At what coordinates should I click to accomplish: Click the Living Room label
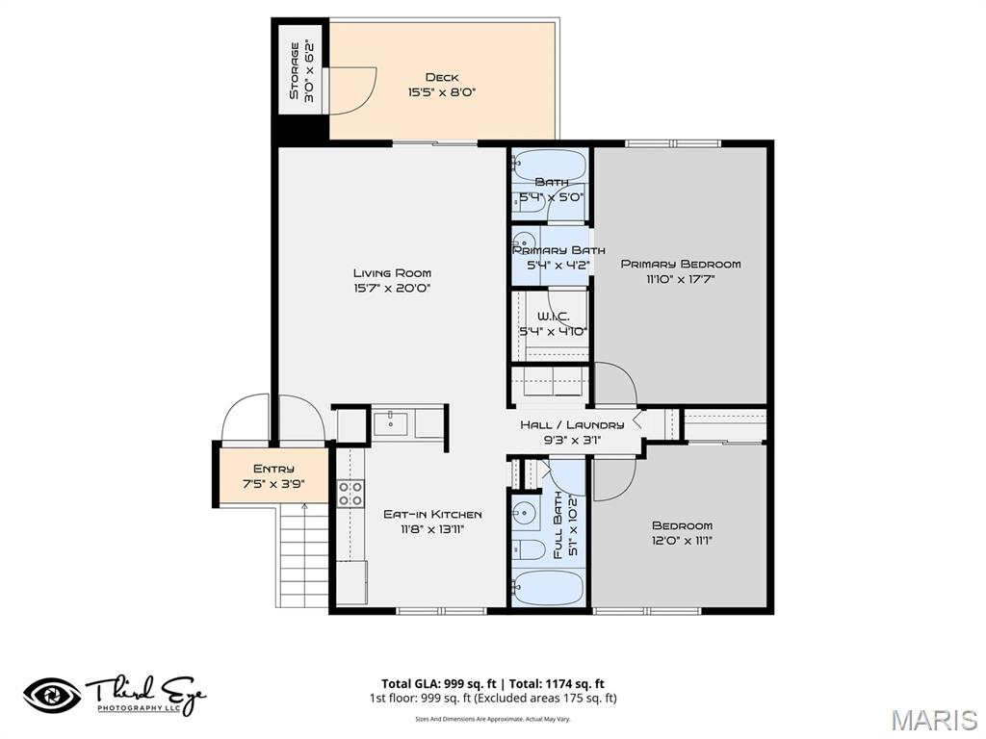click(x=392, y=272)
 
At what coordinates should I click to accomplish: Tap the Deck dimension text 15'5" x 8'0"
click(x=442, y=93)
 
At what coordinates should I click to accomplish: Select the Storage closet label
click(x=295, y=72)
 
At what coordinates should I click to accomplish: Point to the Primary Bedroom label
click(x=680, y=264)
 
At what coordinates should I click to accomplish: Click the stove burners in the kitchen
click(x=350, y=494)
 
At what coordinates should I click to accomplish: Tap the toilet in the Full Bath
click(x=529, y=550)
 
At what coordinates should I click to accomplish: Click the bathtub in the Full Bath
click(x=547, y=587)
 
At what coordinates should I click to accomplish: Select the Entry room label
click(x=273, y=469)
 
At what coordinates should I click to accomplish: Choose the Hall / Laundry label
click(x=572, y=424)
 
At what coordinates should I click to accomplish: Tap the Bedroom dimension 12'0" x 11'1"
click(x=682, y=541)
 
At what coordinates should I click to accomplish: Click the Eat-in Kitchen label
click(x=432, y=514)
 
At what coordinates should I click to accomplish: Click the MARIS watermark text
click(x=933, y=720)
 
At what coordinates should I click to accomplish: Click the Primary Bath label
click(x=551, y=250)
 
